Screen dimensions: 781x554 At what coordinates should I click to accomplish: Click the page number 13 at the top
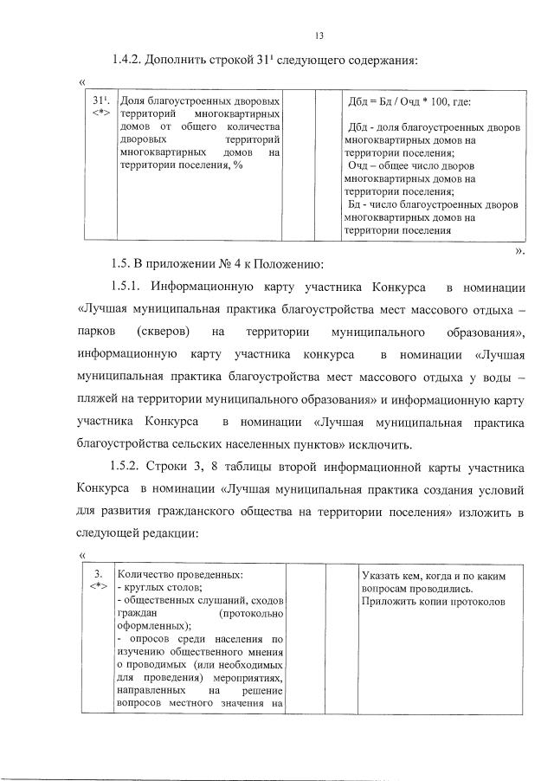coord(319,35)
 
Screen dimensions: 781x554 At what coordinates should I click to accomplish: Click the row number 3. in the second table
coord(99,573)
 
